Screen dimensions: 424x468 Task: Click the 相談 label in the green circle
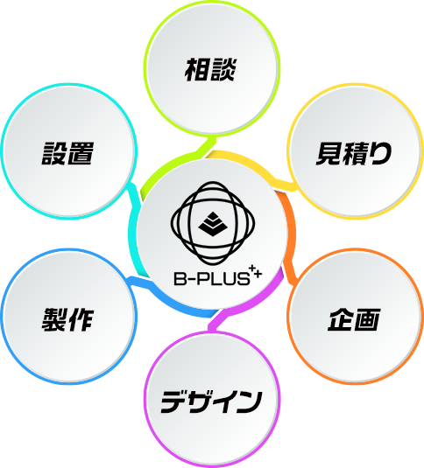click(210, 70)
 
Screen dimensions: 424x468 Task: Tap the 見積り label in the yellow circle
click(354, 153)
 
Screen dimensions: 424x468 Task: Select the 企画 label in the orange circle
click(354, 319)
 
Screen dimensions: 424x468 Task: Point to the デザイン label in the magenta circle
click(211, 402)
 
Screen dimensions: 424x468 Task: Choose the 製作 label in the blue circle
click(67, 319)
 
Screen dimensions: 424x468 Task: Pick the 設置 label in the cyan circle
click(67, 153)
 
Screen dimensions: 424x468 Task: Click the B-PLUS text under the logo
click(211, 278)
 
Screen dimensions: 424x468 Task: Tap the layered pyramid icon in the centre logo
click(213, 224)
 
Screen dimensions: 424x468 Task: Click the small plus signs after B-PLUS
click(256, 271)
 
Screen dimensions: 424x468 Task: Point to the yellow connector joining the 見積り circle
click(254, 167)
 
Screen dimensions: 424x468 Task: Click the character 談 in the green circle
click(223, 70)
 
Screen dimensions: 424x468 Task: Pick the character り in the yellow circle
click(381, 153)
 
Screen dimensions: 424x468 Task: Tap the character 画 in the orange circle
click(368, 319)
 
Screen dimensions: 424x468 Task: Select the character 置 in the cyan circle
click(81, 153)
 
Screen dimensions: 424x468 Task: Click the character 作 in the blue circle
click(81, 319)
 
